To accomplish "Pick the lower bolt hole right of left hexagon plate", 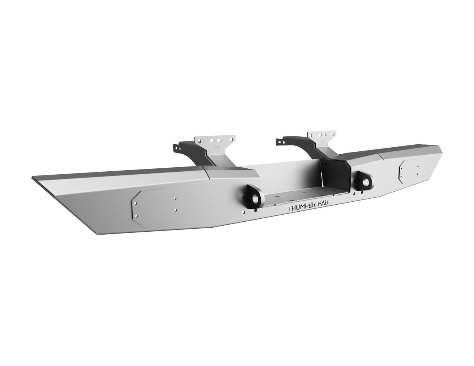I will point(175,210).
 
